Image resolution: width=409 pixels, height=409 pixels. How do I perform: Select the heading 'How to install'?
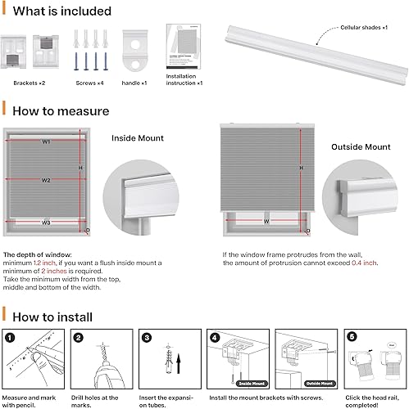[54, 293]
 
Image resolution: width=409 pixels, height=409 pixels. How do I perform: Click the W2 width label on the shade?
[48, 180]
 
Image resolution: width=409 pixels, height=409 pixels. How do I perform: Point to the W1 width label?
[47, 142]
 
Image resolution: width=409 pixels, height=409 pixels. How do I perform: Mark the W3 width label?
[47, 222]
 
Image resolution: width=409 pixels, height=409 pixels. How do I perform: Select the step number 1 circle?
[10, 314]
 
